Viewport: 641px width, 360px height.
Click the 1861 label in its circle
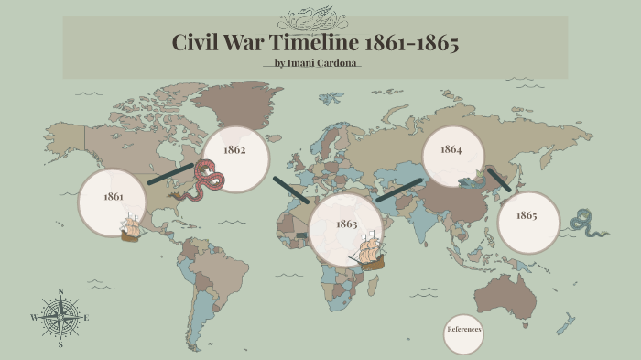click(x=113, y=197)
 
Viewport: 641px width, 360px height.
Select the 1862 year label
click(x=234, y=149)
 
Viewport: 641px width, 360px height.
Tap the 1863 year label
click(x=346, y=224)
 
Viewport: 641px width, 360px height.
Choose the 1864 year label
click(x=451, y=149)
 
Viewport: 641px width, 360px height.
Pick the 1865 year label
click(x=526, y=215)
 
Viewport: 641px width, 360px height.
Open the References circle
click(x=463, y=329)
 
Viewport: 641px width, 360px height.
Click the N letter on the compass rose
click(x=60, y=292)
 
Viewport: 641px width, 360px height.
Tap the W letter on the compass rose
click(x=34, y=318)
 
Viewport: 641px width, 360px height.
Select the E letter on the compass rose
click(x=86, y=318)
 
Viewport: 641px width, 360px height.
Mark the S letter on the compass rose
click(x=60, y=345)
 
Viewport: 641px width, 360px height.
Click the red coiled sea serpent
click(x=202, y=180)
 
